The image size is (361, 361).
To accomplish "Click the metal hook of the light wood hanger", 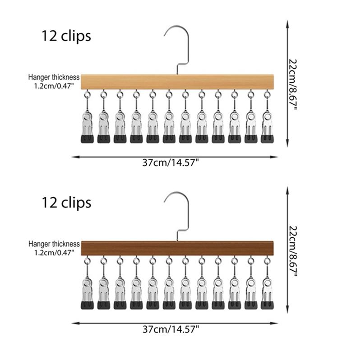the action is pyautogui.click(x=188, y=46).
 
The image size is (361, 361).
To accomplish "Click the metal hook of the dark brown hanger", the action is pyautogui.click(x=188, y=213).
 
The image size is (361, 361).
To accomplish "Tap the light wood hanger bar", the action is pyautogui.click(x=177, y=82).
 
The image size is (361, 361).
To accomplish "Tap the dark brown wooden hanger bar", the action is pyautogui.click(x=177, y=249).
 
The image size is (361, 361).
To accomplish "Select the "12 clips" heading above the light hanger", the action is pyautogui.click(x=66, y=36).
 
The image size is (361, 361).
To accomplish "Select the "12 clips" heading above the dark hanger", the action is pyautogui.click(x=66, y=203).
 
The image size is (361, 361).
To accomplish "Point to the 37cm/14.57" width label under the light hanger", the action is pyautogui.click(x=171, y=163).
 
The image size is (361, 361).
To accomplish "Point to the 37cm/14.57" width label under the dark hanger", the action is pyautogui.click(x=171, y=329).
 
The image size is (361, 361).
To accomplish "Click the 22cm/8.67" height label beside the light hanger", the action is pyautogui.click(x=293, y=84).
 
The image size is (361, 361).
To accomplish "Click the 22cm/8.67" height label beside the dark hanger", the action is pyautogui.click(x=293, y=251).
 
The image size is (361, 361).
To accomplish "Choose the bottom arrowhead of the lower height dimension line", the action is pyautogui.click(x=287, y=310).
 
